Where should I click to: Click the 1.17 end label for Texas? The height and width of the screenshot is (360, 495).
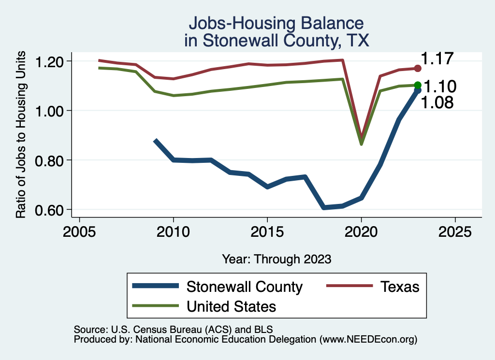click(x=437, y=59)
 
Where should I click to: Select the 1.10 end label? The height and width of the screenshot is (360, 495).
click(x=440, y=87)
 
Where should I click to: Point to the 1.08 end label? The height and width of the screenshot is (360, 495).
click(x=437, y=102)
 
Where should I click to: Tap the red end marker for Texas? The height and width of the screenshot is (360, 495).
click(x=418, y=69)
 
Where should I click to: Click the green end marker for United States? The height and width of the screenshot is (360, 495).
click(x=418, y=85)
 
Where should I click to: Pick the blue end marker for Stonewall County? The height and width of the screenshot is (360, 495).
click(x=418, y=90)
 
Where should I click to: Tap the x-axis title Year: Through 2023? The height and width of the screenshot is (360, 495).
click(x=277, y=259)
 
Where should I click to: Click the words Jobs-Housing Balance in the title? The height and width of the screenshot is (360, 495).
click(x=276, y=23)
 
